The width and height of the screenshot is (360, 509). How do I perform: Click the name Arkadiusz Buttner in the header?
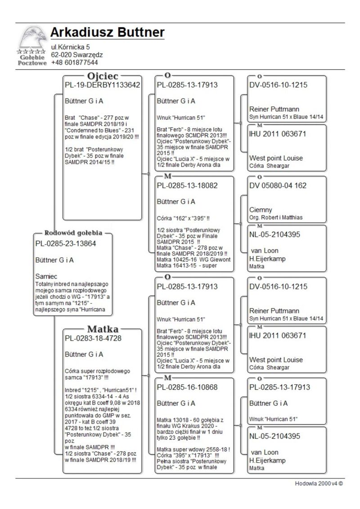107,32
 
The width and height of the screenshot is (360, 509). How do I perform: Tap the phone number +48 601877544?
74,63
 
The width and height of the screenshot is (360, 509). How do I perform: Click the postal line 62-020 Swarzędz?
77,55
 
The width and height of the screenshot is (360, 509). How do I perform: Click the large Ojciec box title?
102,75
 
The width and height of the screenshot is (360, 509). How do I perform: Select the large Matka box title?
102,329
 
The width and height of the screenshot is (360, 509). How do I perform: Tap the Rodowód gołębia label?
73,233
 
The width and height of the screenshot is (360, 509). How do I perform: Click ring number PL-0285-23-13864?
67,243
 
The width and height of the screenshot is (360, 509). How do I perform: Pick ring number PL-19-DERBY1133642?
103,85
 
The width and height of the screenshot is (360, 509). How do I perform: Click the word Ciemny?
261,210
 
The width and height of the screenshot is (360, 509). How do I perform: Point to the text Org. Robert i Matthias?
276,217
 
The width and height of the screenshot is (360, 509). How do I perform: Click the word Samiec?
46,275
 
